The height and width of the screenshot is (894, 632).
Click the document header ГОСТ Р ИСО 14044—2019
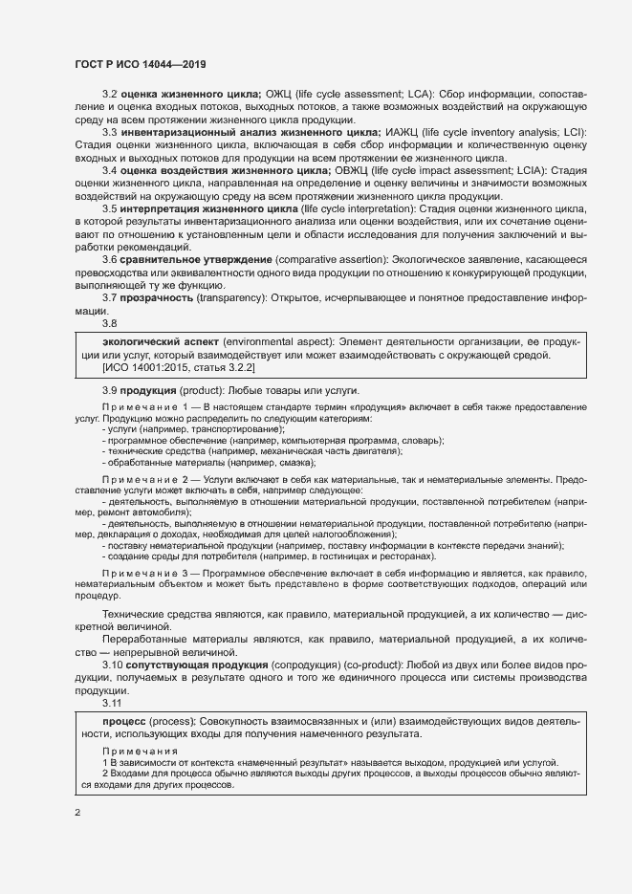coord(140,64)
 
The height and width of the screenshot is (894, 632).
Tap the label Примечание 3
coord(142,571)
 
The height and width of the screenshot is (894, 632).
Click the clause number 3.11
coord(113,702)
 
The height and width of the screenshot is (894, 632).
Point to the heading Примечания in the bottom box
coord(134,752)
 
